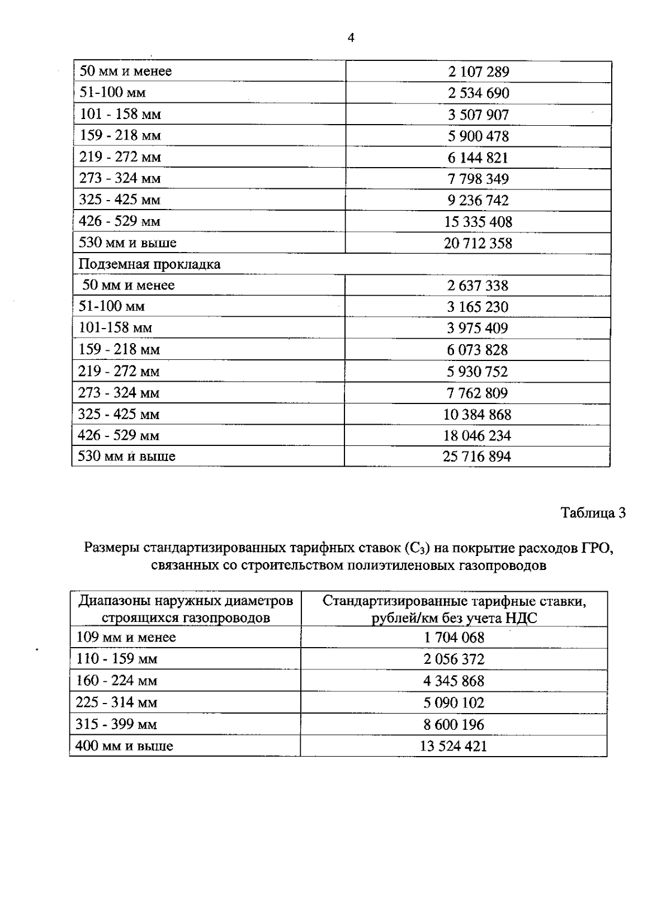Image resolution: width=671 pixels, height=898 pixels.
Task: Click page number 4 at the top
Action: (x=351, y=38)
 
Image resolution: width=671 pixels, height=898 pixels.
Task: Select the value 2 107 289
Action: (x=478, y=72)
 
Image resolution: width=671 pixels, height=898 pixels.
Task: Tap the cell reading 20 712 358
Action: (x=478, y=243)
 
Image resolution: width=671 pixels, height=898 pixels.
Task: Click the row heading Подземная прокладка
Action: (x=149, y=264)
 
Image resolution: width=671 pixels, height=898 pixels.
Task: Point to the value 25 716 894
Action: (x=477, y=457)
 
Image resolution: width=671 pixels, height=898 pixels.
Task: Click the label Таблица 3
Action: (x=593, y=513)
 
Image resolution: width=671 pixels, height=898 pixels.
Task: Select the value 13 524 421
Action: (x=453, y=746)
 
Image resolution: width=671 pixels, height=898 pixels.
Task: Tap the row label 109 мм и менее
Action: (x=126, y=637)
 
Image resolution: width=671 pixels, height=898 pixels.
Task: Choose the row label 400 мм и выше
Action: (x=124, y=746)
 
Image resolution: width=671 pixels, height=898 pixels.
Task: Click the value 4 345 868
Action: (x=453, y=681)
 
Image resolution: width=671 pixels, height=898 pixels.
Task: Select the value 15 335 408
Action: (x=478, y=222)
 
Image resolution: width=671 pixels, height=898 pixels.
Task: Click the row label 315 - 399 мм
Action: (x=116, y=724)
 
